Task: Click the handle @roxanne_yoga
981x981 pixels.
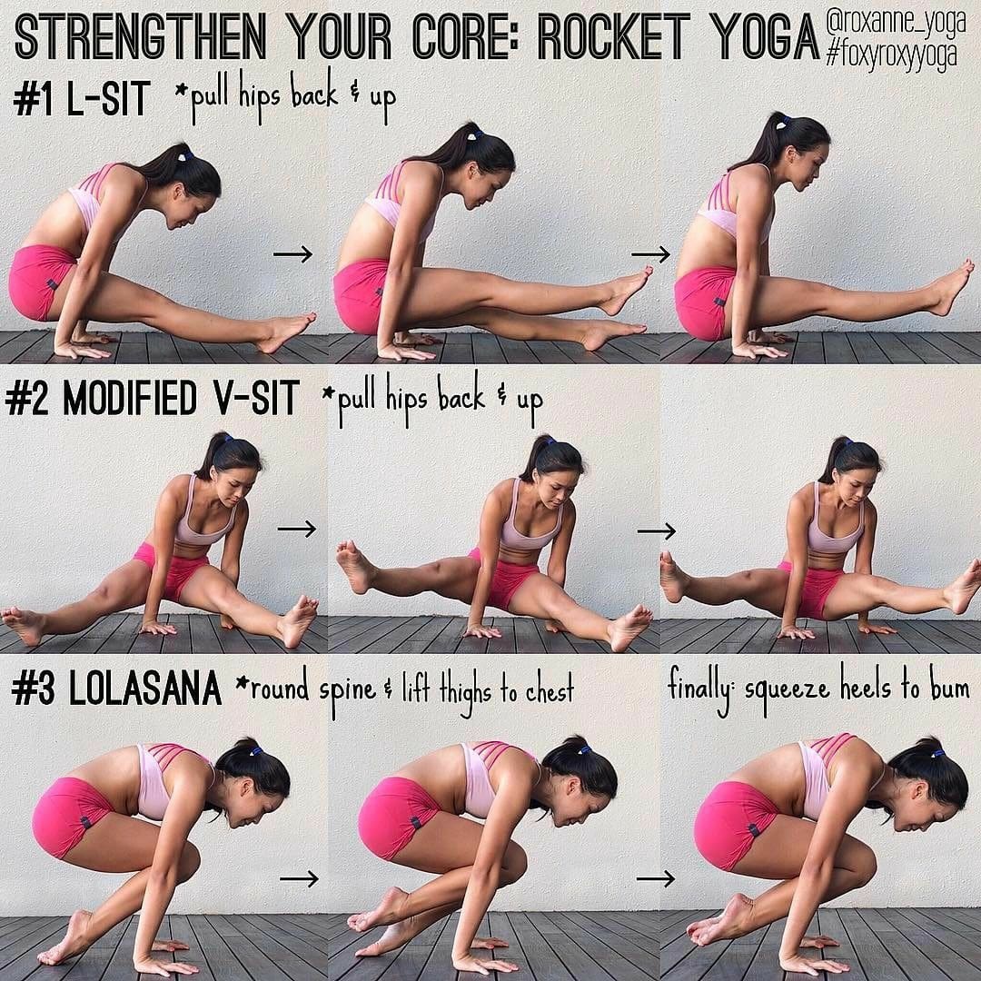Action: pyautogui.click(x=896, y=21)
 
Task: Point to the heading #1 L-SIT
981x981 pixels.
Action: pyautogui.click(x=82, y=99)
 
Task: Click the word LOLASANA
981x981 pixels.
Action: pyautogui.click(x=145, y=689)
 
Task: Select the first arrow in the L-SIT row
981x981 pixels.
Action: pyautogui.click(x=292, y=254)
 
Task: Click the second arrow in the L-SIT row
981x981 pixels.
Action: pyautogui.click(x=650, y=254)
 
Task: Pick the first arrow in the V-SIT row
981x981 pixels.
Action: pyautogui.click(x=297, y=530)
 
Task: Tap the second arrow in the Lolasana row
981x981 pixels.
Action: pyautogui.click(x=656, y=878)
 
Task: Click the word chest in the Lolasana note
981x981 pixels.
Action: pyautogui.click(x=550, y=690)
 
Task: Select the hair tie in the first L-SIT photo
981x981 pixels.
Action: pyautogui.click(x=185, y=153)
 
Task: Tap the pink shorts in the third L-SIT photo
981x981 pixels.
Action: pyautogui.click(x=706, y=302)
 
